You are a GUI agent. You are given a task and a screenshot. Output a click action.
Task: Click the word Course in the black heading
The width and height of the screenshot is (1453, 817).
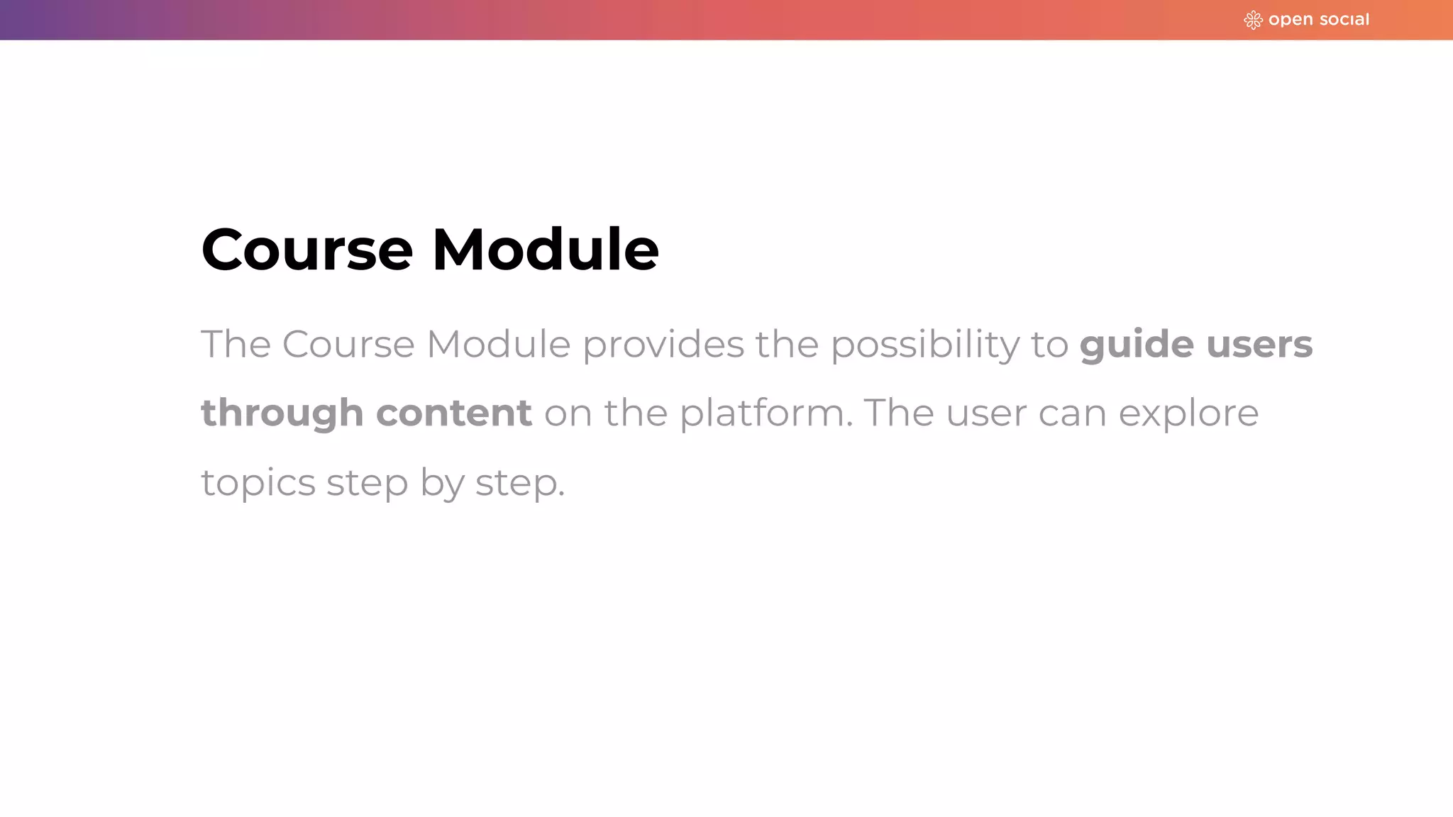pyautogui.click(x=306, y=250)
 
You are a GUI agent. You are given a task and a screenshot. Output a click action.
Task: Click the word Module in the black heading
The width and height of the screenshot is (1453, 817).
pyautogui.click(x=545, y=250)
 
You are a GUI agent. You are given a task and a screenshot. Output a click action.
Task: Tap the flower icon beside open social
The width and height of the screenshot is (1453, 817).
pyautogui.click(x=1253, y=20)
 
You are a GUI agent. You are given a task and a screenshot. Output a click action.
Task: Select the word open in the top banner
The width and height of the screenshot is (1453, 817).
pyautogui.click(x=1291, y=20)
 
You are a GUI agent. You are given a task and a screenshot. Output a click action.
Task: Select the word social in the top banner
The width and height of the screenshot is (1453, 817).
pyautogui.click(x=1344, y=20)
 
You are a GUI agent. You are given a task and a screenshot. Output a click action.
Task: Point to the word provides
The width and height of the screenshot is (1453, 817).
pyautogui.click(x=663, y=345)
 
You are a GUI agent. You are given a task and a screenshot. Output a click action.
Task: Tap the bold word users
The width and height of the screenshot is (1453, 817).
pyautogui.click(x=1259, y=345)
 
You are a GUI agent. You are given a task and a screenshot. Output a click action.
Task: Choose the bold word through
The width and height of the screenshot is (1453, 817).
pyautogui.click(x=282, y=413)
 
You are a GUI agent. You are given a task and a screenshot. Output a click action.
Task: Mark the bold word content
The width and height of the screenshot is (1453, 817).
pyautogui.click(x=454, y=413)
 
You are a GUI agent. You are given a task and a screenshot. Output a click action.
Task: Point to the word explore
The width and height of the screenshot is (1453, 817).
pyautogui.click(x=1188, y=413)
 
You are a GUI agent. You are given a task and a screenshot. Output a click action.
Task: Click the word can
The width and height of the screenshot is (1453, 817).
pyautogui.click(x=1072, y=413)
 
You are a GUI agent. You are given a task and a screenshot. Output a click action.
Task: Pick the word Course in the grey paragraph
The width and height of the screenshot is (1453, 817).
pyautogui.click(x=348, y=345)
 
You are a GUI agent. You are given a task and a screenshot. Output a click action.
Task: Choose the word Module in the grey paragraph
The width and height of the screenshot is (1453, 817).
pyautogui.click(x=498, y=345)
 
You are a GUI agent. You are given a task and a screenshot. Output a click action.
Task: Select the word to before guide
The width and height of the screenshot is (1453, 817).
pyautogui.click(x=1049, y=345)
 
